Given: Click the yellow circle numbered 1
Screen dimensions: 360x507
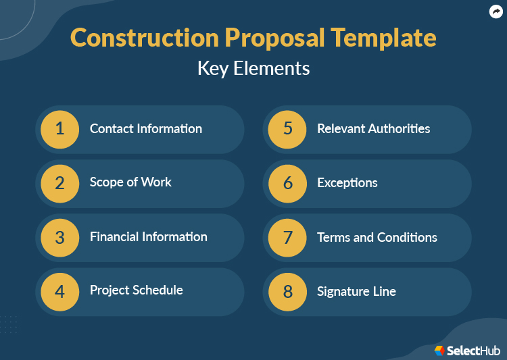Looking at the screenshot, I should pyautogui.click(x=59, y=128).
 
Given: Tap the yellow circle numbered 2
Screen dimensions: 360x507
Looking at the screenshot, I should pyautogui.click(x=59, y=182).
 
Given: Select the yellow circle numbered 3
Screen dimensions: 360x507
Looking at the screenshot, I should pyautogui.click(x=59, y=237).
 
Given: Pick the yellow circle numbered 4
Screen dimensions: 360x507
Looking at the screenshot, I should pyautogui.click(x=59, y=291).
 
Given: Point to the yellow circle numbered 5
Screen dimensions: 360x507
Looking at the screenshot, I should pyautogui.click(x=287, y=128).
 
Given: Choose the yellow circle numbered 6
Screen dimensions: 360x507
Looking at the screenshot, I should pyautogui.click(x=287, y=182).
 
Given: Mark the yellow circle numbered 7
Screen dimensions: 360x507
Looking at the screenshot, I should pyautogui.click(x=287, y=237).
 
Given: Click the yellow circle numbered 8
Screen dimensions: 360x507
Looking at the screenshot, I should pyautogui.click(x=287, y=291).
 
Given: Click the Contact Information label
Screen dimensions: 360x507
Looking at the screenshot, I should pyautogui.click(x=146, y=128).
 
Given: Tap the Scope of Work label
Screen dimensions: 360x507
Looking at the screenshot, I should pyautogui.click(x=130, y=182).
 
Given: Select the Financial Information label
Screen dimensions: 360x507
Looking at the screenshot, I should pyautogui.click(x=149, y=237).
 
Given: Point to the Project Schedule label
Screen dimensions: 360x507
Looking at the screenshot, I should pyautogui.click(x=137, y=290).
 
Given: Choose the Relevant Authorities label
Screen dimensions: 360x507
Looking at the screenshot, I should pyautogui.click(x=374, y=128).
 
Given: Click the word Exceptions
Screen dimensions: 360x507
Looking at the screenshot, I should pyautogui.click(x=347, y=183).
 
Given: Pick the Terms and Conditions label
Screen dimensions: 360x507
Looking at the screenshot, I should pyautogui.click(x=377, y=238).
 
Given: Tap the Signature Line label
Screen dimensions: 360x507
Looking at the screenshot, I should pyautogui.click(x=356, y=292).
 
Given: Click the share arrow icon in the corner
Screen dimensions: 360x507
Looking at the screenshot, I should pyautogui.click(x=496, y=11).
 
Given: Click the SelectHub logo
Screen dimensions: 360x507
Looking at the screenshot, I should pyautogui.click(x=467, y=350).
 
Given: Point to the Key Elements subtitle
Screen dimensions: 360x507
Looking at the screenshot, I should pyautogui.click(x=254, y=69).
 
